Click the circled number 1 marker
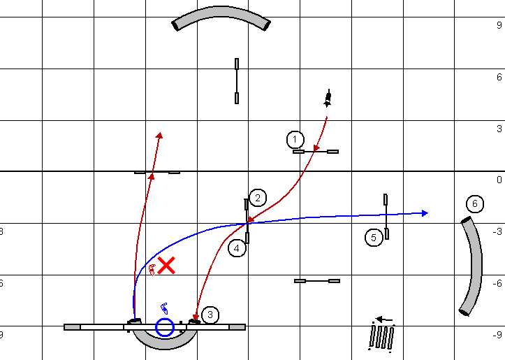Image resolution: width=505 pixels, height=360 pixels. (x=295, y=140)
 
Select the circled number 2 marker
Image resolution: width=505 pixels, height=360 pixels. (x=258, y=198)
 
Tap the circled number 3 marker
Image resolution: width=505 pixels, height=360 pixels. (x=210, y=315)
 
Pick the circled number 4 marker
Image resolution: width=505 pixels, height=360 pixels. (x=237, y=248)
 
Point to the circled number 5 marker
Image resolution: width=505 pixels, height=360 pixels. (x=374, y=238)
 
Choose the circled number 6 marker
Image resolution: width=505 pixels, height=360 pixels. (x=475, y=203)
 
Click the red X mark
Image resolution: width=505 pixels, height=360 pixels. (x=166, y=265)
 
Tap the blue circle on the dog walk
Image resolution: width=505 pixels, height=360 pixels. (x=165, y=327)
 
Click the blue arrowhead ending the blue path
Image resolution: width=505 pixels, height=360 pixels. (x=425, y=213)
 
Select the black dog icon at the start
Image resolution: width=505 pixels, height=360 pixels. (x=328, y=99)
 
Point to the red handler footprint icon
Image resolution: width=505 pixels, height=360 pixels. (x=152, y=270)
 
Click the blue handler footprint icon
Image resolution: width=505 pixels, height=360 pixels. (x=164, y=308)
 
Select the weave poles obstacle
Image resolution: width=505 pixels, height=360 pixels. (x=381, y=337)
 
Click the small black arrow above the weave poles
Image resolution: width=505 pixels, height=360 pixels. (x=384, y=319)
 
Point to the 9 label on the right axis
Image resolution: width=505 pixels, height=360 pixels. (x=499, y=25)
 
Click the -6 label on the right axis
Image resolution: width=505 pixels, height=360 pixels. (x=497, y=283)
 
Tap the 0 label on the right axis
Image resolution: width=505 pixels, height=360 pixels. (x=499, y=180)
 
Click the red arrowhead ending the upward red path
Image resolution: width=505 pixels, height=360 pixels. (x=159, y=136)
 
